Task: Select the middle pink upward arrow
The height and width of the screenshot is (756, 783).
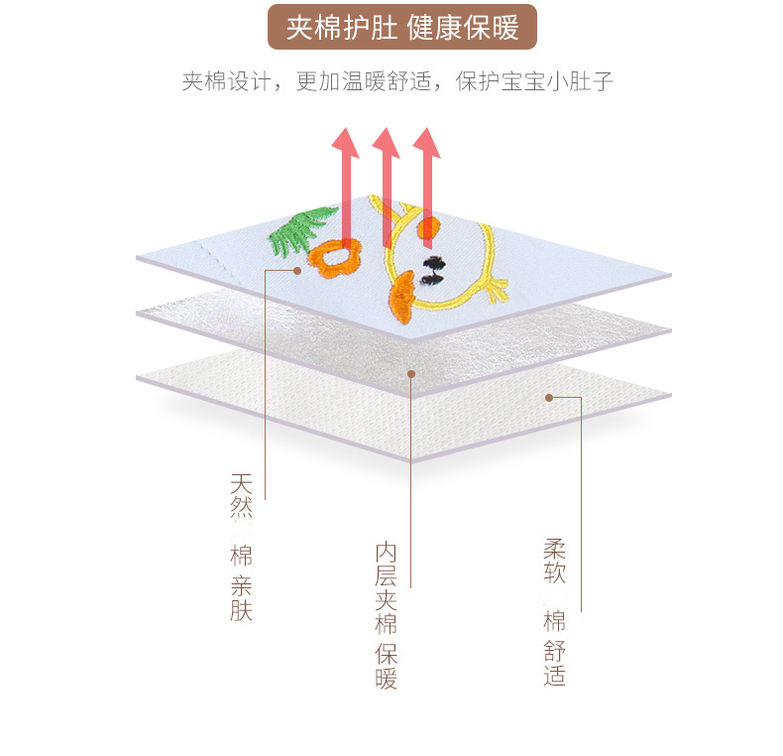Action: [387, 179]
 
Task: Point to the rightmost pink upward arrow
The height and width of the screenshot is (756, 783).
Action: [427, 174]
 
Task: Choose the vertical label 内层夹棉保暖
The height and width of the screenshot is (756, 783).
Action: [386, 614]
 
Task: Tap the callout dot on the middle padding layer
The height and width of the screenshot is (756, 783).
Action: [411, 373]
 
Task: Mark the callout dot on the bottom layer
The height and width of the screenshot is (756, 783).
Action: [548, 398]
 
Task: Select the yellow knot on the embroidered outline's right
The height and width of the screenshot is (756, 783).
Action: [493, 290]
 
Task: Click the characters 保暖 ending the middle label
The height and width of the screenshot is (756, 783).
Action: [386, 666]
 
